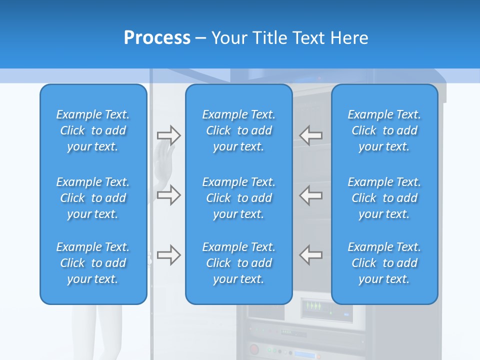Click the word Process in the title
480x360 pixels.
(x=157, y=38)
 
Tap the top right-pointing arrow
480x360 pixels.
(x=168, y=135)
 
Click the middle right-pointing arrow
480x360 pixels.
(x=168, y=195)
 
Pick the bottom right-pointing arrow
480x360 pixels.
(x=168, y=255)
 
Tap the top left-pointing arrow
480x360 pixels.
(x=311, y=135)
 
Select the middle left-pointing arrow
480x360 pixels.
(x=311, y=195)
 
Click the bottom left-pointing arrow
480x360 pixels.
(x=311, y=255)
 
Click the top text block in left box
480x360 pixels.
(x=93, y=130)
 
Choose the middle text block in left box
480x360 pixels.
(x=93, y=198)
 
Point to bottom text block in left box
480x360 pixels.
(x=93, y=263)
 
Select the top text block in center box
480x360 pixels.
(x=238, y=130)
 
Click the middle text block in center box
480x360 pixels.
(x=238, y=198)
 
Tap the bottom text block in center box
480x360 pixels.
(x=238, y=263)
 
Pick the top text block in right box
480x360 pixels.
(x=384, y=130)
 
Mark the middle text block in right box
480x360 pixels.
(x=384, y=198)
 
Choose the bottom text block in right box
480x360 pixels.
(x=384, y=263)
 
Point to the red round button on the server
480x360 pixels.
(x=254, y=349)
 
